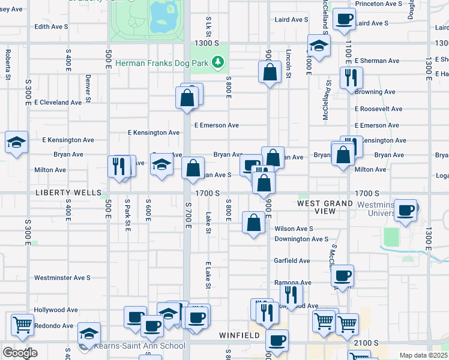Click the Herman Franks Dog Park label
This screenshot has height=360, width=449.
[164, 62]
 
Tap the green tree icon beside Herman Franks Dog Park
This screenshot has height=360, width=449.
[220, 62]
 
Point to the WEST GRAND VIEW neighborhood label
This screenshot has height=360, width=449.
[325, 208]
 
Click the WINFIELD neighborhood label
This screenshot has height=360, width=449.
[240, 335]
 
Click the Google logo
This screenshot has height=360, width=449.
[20, 353]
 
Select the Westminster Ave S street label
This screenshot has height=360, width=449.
[62, 278]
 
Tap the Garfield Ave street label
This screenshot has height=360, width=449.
[292, 261]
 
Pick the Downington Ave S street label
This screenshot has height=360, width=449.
[301, 239]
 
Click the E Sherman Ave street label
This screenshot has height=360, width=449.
[377, 61]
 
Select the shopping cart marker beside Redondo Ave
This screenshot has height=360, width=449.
[22, 325]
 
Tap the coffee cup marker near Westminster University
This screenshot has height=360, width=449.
[406, 211]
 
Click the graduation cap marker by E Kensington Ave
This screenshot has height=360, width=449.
[16, 143]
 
